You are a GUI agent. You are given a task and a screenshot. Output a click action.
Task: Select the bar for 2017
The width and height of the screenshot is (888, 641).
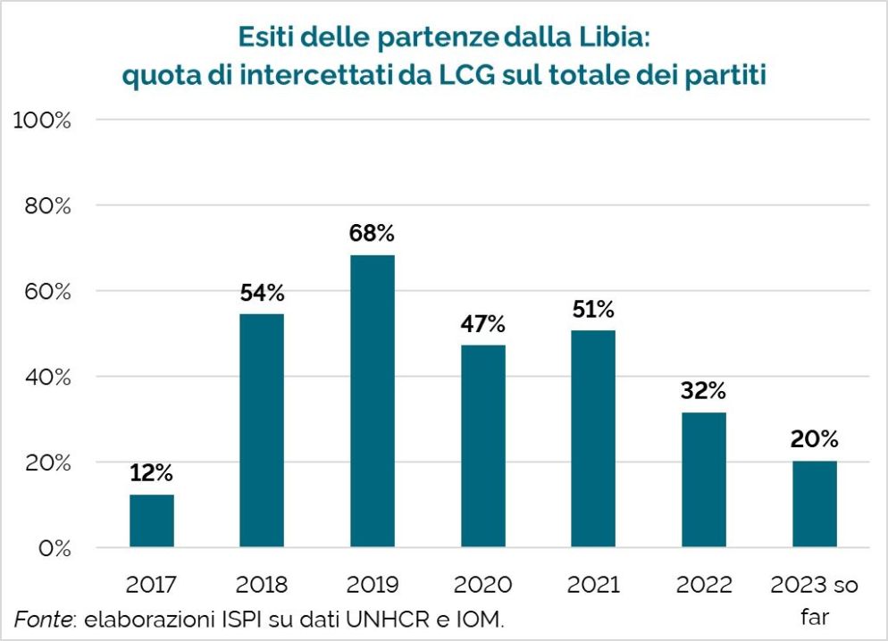(x=152, y=520)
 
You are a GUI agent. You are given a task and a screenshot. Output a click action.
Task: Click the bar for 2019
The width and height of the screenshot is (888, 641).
(x=373, y=401)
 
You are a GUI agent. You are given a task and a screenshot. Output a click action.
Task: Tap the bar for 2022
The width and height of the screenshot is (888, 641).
(x=704, y=479)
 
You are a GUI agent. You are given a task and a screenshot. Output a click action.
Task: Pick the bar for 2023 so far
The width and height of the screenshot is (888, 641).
(x=814, y=504)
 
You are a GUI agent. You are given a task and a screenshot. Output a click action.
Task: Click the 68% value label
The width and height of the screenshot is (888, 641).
(x=373, y=234)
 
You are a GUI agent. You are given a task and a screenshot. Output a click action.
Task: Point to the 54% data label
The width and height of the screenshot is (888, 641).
(x=262, y=293)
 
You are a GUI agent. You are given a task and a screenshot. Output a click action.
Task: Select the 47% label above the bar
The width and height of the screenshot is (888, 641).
(x=483, y=324)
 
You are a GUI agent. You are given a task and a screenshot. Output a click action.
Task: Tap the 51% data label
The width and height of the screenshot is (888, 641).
(x=593, y=310)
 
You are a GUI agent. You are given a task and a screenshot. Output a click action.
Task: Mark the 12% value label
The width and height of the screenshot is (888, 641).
(x=151, y=473)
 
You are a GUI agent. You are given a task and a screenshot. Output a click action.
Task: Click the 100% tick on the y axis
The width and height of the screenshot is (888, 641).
(x=42, y=120)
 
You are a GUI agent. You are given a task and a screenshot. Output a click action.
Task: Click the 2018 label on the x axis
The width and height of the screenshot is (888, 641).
(x=262, y=586)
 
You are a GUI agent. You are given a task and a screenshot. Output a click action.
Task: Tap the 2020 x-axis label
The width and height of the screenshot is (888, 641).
(x=483, y=586)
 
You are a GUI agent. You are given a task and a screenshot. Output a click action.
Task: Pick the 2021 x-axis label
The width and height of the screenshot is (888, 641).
(x=593, y=586)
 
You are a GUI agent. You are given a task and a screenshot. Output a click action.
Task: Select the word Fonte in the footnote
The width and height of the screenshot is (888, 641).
(x=41, y=619)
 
